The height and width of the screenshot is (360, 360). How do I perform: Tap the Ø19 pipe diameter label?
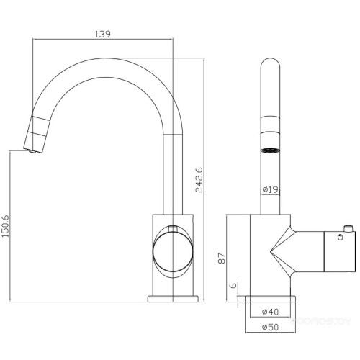coord(270,189)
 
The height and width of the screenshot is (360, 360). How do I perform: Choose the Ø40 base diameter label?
coord(270,312)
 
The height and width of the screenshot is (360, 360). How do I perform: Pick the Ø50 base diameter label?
coord(270,329)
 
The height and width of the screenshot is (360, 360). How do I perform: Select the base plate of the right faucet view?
coord(270,297)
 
